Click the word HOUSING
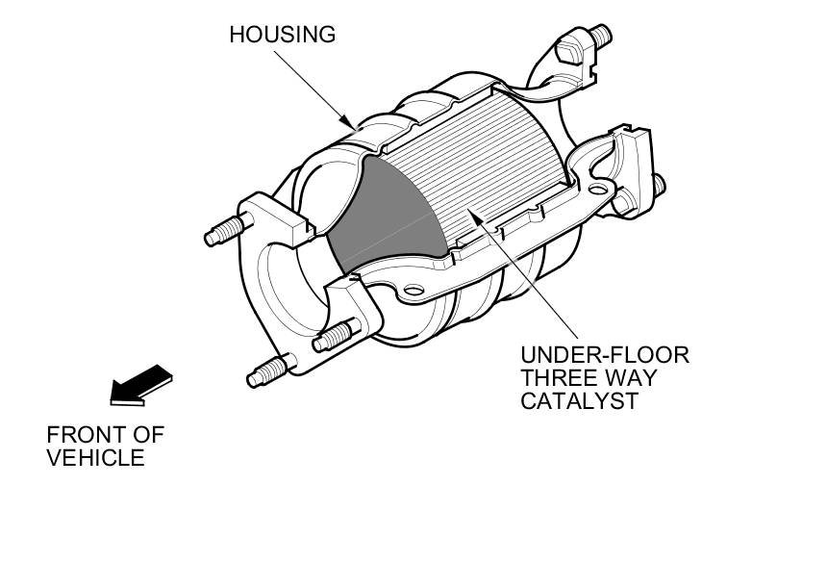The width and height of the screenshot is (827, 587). pos(282,35)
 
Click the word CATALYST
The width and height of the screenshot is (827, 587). pos(580,401)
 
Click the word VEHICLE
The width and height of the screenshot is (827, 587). pos(95,457)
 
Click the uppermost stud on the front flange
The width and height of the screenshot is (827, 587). pos(227,230)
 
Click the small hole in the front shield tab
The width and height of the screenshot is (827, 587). pos(413,290)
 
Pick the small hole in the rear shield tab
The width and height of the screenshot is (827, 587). pos(602,191)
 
